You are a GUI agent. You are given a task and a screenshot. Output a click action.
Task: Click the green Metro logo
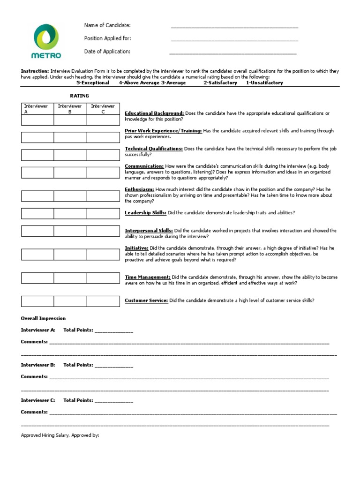tap(46, 41)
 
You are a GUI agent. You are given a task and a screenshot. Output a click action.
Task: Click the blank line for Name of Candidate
tap(234, 28)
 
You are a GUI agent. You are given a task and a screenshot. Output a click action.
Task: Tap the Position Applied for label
tap(107, 38)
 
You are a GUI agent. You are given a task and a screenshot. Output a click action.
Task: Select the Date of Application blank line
tap(232, 53)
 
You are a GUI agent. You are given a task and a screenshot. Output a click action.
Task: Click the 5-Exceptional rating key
tap(93, 83)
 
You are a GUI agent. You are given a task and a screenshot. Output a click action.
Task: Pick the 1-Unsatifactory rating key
tap(264, 83)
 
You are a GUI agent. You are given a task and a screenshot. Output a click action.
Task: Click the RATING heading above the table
tap(79, 96)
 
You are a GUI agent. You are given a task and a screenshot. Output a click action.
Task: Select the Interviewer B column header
tap(70, 109)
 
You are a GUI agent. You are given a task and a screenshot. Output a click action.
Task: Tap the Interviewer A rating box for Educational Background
tap(37, 120)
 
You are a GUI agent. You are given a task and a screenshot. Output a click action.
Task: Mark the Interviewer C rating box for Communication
tap(103, 172)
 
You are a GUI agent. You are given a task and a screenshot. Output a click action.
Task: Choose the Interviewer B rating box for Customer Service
tap(70, 301)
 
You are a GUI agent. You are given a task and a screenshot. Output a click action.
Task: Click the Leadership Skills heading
tap(145, 213)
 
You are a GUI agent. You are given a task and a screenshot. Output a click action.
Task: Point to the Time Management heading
tap(147, 277)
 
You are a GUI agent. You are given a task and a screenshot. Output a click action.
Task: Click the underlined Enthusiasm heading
tap(139, 189)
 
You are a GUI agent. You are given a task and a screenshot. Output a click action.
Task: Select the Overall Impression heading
tap(43, 319)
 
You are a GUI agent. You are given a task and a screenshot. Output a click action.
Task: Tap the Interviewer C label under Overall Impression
tap(38, 400)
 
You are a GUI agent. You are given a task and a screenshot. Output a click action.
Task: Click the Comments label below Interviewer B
tap(34, 377)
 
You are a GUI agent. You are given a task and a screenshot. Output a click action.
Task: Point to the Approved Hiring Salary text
tap(60, 435)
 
